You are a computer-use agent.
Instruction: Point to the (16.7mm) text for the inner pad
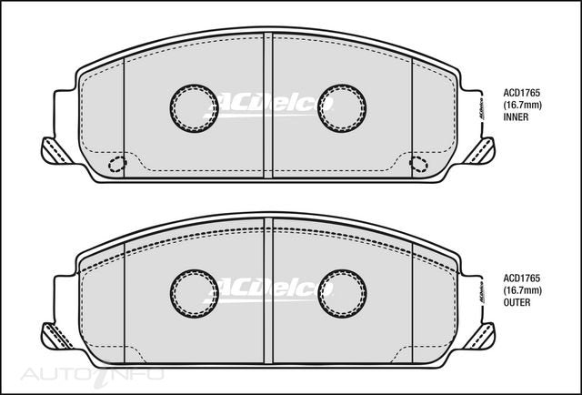click(522, 106)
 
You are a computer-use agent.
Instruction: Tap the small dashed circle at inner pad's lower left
click(116, 164)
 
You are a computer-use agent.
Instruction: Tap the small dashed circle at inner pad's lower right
click(418, 164)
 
